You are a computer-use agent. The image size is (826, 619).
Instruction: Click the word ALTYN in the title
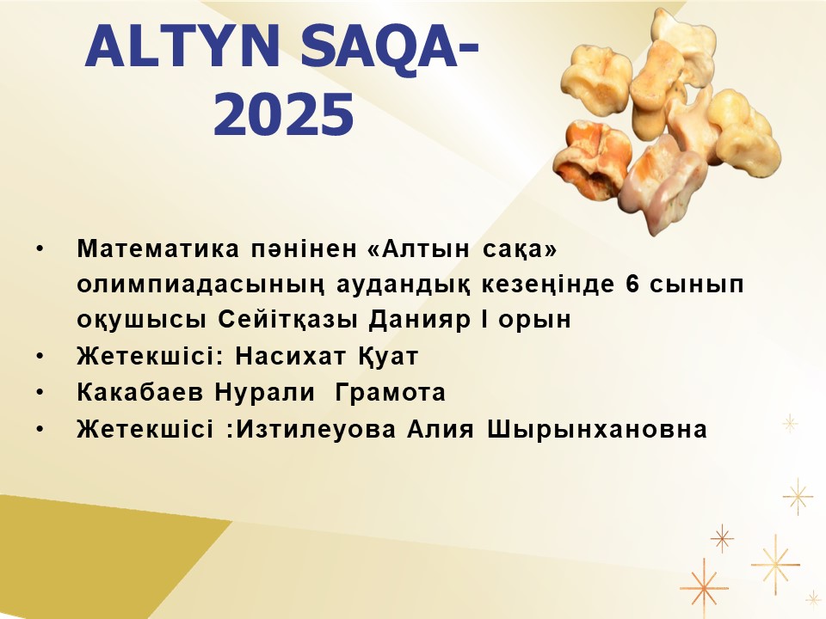click(x=182, y=46)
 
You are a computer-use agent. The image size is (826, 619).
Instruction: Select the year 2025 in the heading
click(x=283, y=114)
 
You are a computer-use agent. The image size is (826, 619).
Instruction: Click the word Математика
click(x=158, y=248)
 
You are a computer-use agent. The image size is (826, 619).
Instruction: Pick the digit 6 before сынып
click(x=632, y=283)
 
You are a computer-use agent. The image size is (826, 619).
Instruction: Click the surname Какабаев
click(x=140, y=393)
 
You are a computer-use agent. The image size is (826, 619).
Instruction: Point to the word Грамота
click(x=391, y=393)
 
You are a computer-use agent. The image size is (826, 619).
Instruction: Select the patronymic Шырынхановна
click(x=597, y=430)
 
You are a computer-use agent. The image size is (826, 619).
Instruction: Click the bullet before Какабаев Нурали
click(x=40, y=393)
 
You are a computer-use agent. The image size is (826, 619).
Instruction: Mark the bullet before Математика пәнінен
click(x=40, y=248)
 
